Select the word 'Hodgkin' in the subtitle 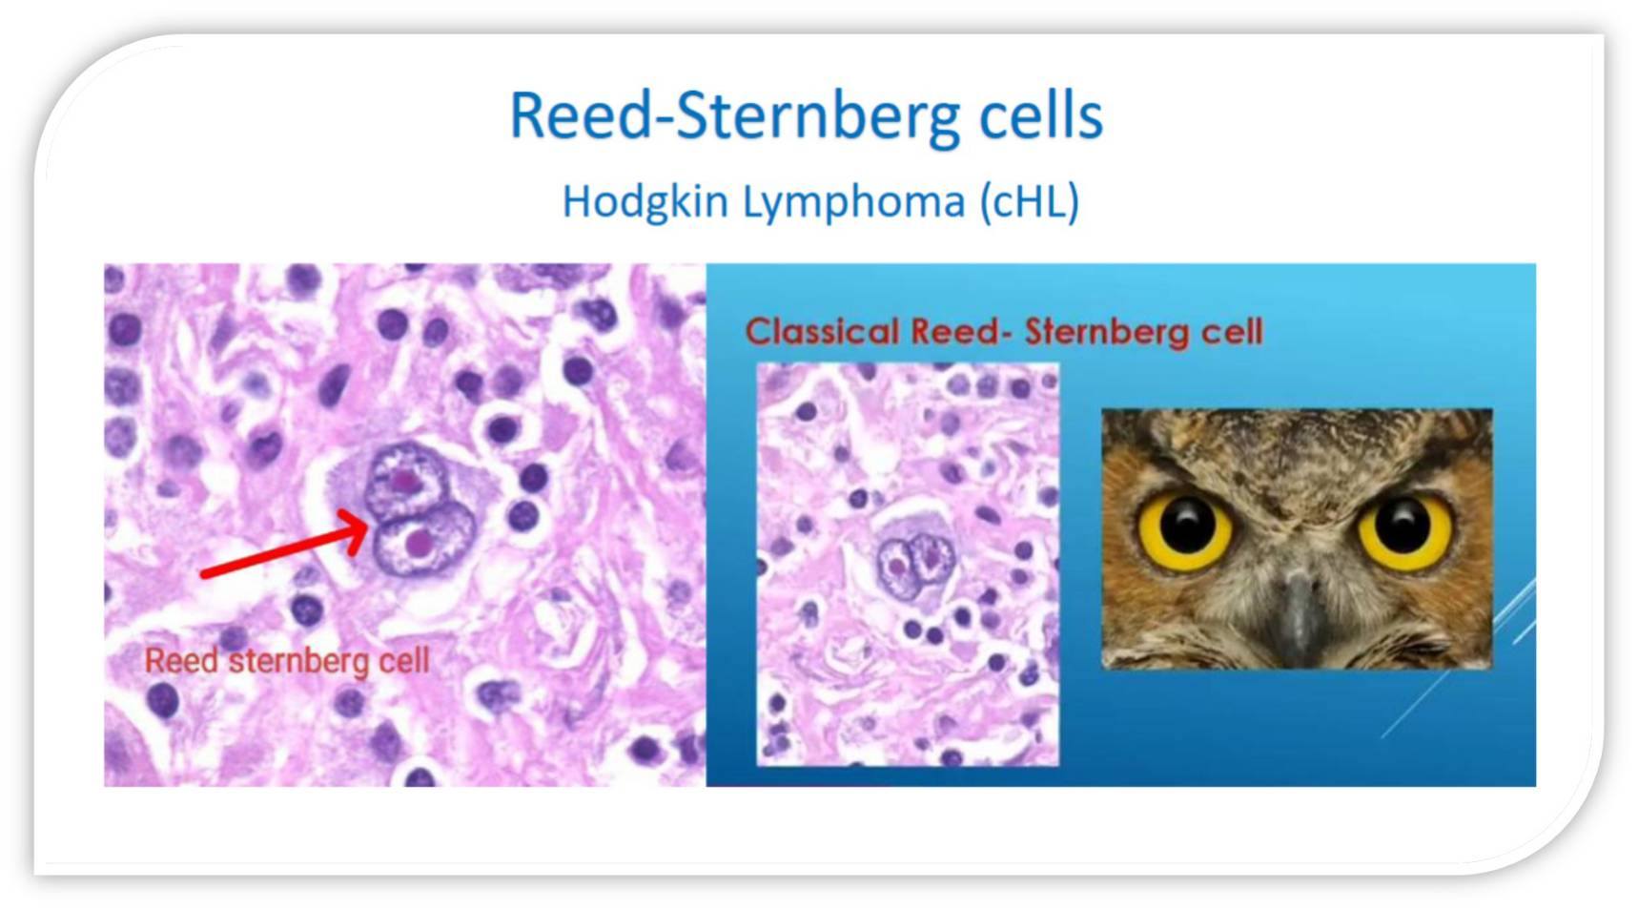tap(645, 201)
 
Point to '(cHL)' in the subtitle tap(1030, 202)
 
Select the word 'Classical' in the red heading tap(822, 332)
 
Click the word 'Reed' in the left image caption tap(181, 660)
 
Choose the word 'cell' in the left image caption tap(404, 660)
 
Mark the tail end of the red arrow tap(202, 575)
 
